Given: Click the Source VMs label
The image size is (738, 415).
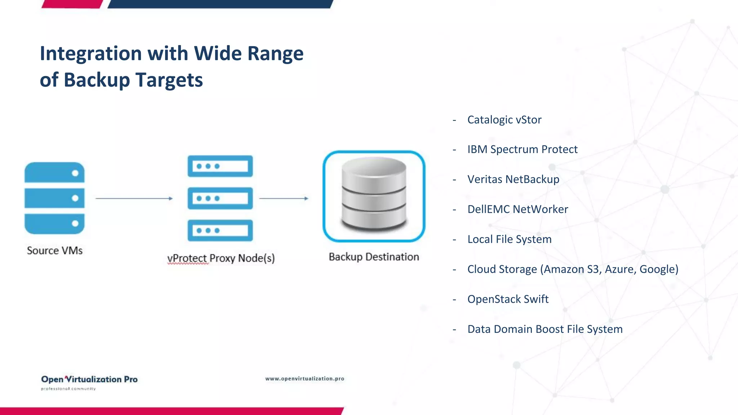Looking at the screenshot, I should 55,250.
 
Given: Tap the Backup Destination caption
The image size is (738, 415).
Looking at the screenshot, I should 374,257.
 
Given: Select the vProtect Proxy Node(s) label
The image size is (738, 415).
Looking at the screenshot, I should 221,258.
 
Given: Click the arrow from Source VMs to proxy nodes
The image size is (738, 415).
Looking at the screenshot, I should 134,198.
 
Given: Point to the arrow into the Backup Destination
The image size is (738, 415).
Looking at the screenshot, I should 284,198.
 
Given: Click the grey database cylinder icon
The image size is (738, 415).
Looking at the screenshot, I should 374,195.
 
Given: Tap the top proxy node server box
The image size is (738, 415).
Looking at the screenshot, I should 220,166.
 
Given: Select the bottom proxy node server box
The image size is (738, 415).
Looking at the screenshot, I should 220,231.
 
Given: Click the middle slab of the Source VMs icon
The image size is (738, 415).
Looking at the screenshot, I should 54,198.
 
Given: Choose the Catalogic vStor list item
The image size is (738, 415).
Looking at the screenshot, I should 504,120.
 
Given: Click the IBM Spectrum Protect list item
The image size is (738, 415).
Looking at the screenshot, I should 522,150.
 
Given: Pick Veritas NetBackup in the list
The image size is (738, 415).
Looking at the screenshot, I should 513,179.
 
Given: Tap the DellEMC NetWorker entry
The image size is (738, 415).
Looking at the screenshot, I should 517,209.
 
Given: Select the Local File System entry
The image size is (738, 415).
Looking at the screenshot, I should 509,239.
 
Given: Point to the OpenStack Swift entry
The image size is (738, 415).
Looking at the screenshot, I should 508,299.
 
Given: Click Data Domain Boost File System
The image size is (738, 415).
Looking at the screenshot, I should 545,329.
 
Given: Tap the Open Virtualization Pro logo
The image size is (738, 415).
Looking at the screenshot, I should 89,381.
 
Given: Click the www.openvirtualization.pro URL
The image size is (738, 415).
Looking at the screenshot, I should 304,379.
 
